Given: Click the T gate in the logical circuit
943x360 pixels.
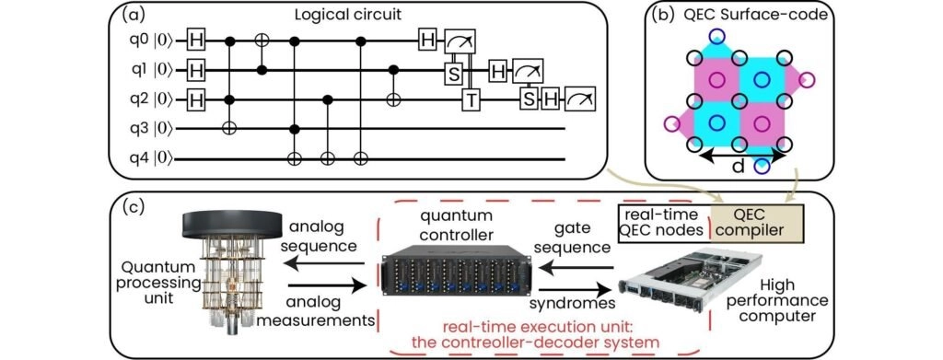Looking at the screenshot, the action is pyautogui.click(x=470, y=99).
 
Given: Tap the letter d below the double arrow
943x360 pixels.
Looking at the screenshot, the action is pyautogui.click(x=738, y=167).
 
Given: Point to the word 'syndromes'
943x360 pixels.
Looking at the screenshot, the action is pyautogui.click(x=573, y=304).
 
